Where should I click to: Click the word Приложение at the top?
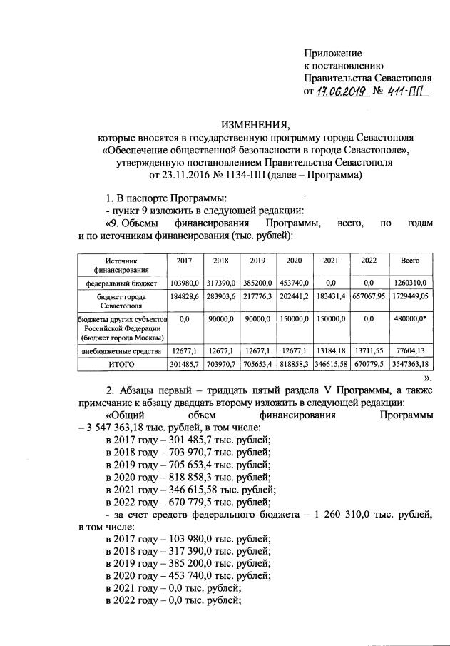click(332, 54)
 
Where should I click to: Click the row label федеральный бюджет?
click(119, 283)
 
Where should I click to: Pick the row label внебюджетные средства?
click(119, 350)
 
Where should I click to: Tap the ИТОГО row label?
click(121, 364)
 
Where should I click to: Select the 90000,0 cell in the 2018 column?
click(220, 319)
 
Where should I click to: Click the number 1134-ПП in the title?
click(237, 174)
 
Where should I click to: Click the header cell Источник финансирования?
click(119, 266)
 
